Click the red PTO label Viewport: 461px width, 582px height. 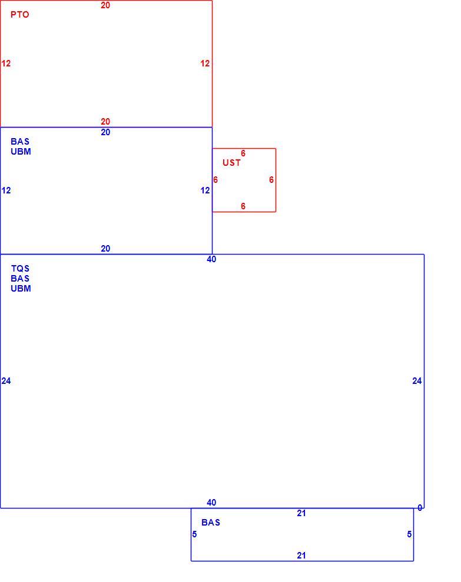coord(19,15)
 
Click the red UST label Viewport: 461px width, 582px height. coord(231,163)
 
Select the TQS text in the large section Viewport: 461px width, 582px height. coord(20,268)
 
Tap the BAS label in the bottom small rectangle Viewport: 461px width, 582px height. coord(211,522)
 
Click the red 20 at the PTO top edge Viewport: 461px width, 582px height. coord(105,5)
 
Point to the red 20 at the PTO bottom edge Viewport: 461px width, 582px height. coord(105,121)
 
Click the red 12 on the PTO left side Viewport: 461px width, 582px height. coord(6,63)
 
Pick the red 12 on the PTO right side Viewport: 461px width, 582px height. coord(205,63)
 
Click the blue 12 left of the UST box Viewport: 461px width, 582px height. coord(205,190)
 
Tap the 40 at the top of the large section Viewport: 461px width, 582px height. coord(211,259)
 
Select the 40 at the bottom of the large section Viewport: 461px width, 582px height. coord(211,502)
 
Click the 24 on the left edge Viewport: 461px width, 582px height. coord(6,381)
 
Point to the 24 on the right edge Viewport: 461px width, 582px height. coord(417,381)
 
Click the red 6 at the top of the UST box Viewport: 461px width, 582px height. coord(243,153)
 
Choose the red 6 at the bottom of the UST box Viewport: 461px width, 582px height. coord(243,206)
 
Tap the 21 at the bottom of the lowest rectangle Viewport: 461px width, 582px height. coord(301,556)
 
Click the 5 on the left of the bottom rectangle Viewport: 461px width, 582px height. coord(194,534)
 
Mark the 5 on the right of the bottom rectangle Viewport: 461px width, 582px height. coord(409,534)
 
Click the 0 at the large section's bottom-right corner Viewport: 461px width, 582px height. coord(420,508)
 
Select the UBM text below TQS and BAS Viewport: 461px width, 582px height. coord(21,289)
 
